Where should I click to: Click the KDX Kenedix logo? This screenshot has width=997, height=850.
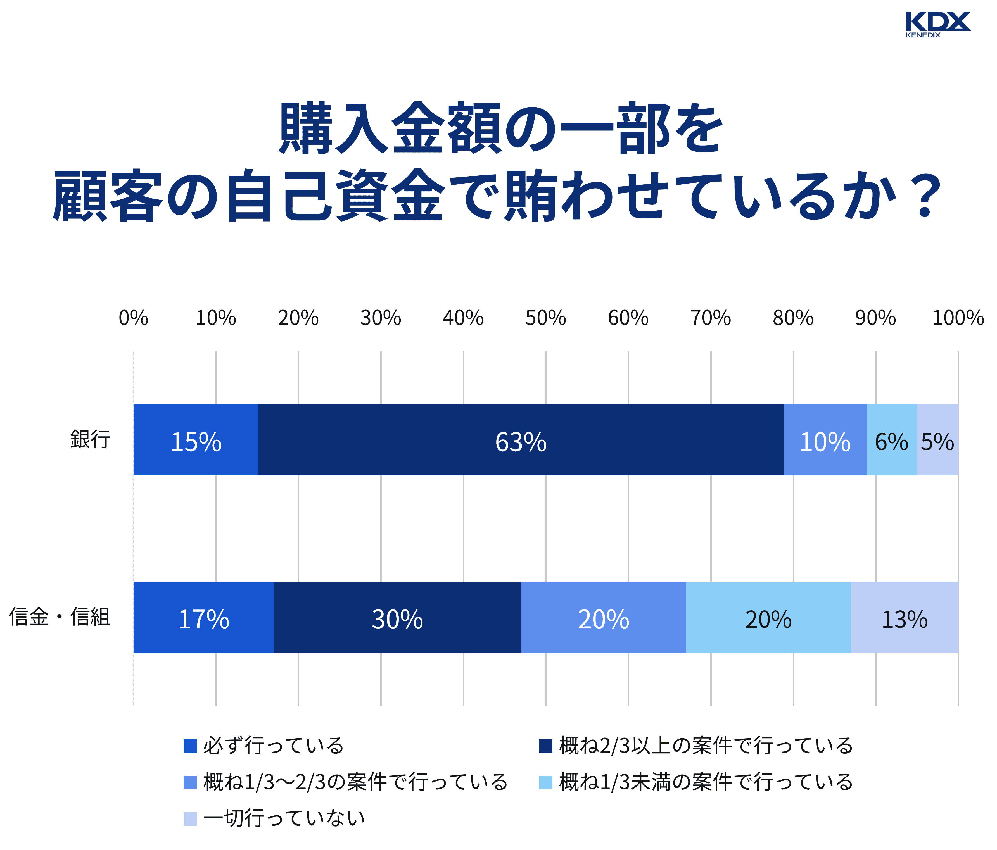tap(937, 24)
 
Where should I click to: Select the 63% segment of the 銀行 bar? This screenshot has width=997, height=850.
tap(521, 440)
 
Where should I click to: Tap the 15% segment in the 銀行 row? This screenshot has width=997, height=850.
tap(196, 440)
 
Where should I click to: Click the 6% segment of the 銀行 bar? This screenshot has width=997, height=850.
tap(891, 440)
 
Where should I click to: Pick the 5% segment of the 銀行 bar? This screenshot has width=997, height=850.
tap(937, 440)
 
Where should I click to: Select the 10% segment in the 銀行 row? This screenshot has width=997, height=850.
tap(825, 440)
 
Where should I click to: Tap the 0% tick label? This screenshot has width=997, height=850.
tap(133, 318)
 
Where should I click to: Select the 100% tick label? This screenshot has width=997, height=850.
tap(958, 318)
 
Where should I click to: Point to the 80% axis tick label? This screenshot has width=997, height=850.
tap(793, 318)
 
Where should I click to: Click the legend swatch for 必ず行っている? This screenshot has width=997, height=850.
tap(190, 746)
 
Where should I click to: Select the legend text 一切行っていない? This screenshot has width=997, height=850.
tap(284, 818)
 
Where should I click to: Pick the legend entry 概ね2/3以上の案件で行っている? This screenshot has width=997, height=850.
tap(705, 746)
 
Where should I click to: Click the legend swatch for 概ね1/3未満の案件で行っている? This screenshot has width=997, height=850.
tap(545, 782)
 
